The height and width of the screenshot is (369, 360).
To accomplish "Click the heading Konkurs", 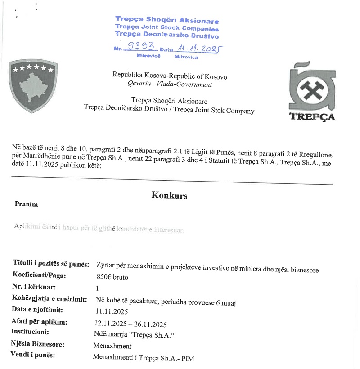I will (x=169, y=196).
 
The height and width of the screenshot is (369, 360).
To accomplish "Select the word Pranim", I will (x=26, y=205).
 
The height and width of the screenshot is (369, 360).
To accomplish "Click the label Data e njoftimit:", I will (x=37, y=310).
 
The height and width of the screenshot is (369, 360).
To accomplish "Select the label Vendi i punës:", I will (x=32, y=355).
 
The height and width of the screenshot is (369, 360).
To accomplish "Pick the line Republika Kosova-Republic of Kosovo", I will (x=170, y=76).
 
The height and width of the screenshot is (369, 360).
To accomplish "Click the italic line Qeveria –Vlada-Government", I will (x=170, y=84).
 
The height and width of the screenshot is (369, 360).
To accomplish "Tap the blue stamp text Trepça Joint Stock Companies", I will (x=166, y=27).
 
